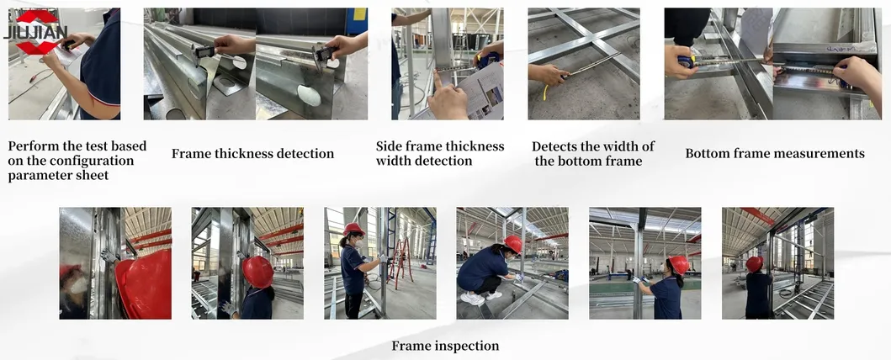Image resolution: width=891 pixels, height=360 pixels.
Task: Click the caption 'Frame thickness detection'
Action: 252,154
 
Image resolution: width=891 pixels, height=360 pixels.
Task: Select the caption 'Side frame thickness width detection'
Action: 440,153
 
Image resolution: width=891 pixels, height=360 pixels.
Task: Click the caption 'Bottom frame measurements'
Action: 775,154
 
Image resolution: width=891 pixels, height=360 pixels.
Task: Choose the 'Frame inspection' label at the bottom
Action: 445,346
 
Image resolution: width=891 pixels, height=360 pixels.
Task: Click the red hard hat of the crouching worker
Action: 512,244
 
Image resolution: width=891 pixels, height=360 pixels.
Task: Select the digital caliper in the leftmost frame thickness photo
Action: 205,51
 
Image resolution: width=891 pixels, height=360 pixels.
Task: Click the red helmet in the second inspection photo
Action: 258,272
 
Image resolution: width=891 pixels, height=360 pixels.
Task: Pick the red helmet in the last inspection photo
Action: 755,263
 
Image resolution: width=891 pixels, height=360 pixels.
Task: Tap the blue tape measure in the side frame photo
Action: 487,59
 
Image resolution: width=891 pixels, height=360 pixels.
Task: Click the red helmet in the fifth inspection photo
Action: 678,264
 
